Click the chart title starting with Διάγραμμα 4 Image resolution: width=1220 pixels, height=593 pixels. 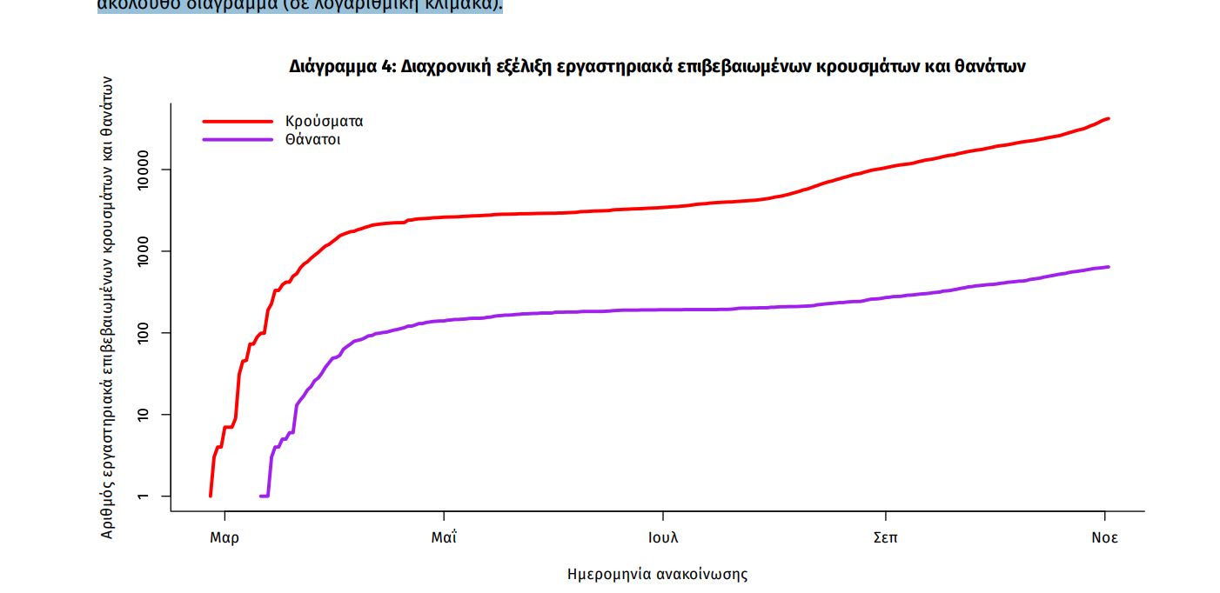(x=657, y=66)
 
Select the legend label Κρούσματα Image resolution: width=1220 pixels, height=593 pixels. (x=324, y=122)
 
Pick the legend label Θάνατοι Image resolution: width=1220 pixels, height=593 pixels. (x=312, y=140)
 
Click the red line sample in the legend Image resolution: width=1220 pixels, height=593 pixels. (x=238, y=122)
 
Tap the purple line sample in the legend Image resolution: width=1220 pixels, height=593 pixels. (x=238, y=140)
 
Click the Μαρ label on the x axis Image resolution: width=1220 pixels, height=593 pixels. (x=225, y=537)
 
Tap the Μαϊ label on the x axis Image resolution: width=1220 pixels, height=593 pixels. (x=444, y=537)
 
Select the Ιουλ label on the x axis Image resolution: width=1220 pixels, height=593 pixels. (x=663, y=537)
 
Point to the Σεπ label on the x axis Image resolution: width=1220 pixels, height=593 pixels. (x=886, y=537)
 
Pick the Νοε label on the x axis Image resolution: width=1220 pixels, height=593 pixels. (x=1105, y=537)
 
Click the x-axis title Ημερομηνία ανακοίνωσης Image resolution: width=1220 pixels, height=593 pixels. (x=657, y=574)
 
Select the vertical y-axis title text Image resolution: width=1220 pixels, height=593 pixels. (x=107, y=307)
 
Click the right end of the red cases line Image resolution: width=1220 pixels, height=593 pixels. (x=1108, y=118)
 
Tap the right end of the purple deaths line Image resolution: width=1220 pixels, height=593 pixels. (x=1108, y=267)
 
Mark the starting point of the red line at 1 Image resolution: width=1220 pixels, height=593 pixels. (x=211, y=496)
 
